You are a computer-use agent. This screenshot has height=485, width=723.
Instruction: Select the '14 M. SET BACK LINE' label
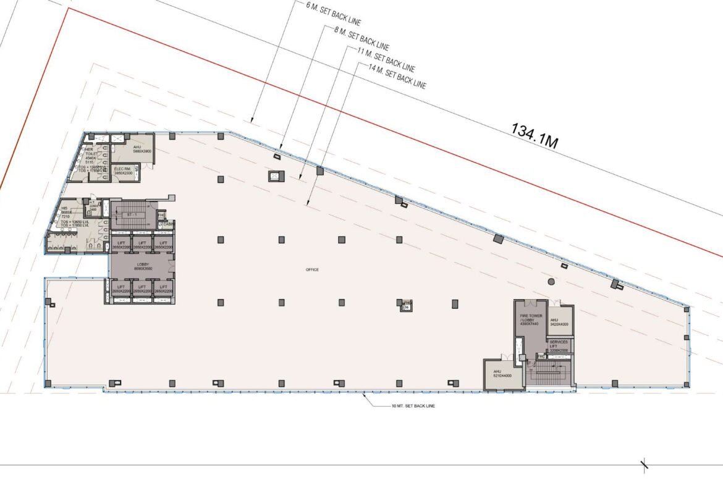tap(397, 77)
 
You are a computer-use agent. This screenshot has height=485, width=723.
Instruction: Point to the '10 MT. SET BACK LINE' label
tap(417, 406)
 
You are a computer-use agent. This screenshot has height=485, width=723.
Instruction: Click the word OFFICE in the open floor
tap(311, 270)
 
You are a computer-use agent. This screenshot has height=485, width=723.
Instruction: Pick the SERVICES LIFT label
tap(559, 346)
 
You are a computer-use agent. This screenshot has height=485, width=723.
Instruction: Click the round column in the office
tap(551, 282)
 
